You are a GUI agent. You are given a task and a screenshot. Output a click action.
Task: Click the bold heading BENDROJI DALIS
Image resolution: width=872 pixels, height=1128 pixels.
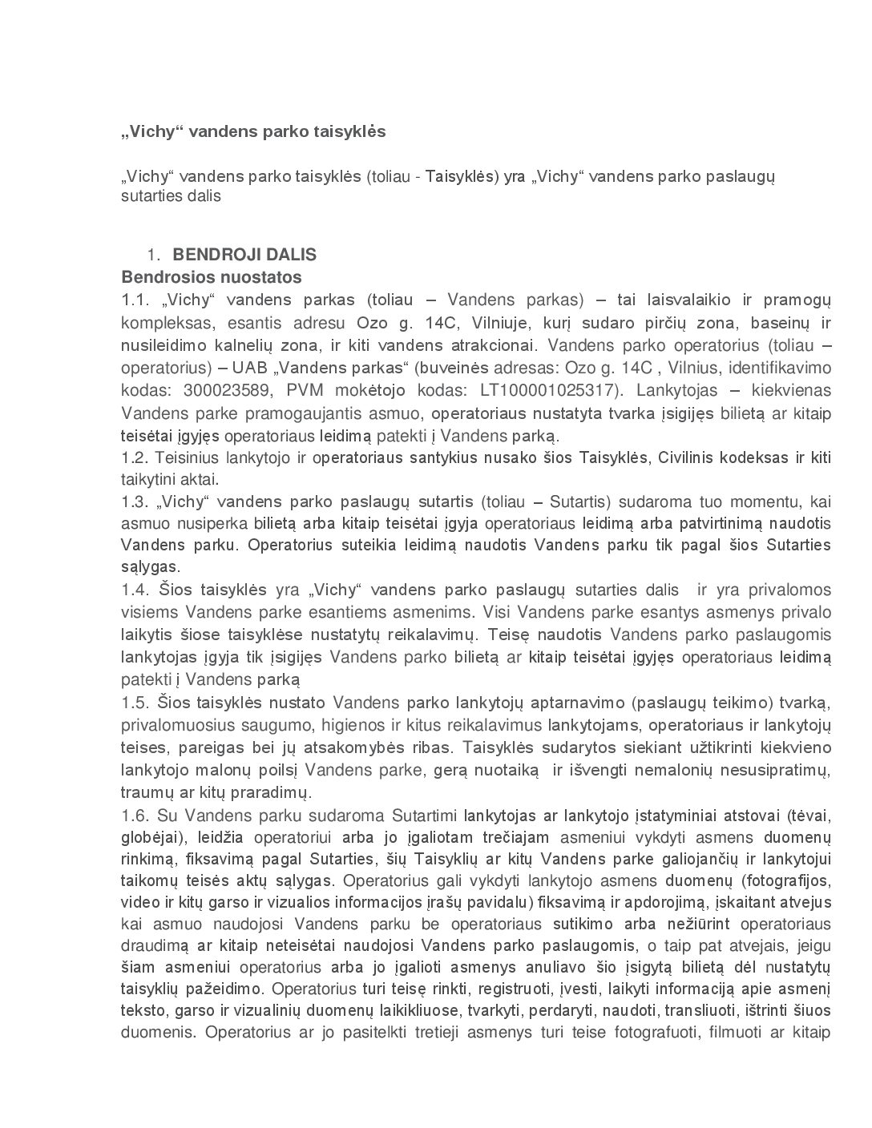coord(244,255)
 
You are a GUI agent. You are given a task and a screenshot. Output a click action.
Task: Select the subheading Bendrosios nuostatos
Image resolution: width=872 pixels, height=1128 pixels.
coord(212,277)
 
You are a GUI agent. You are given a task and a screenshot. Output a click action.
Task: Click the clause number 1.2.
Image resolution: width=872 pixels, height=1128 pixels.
coord(135,458)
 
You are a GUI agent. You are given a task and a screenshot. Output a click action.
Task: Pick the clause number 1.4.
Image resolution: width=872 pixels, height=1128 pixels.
coord(135,590)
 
